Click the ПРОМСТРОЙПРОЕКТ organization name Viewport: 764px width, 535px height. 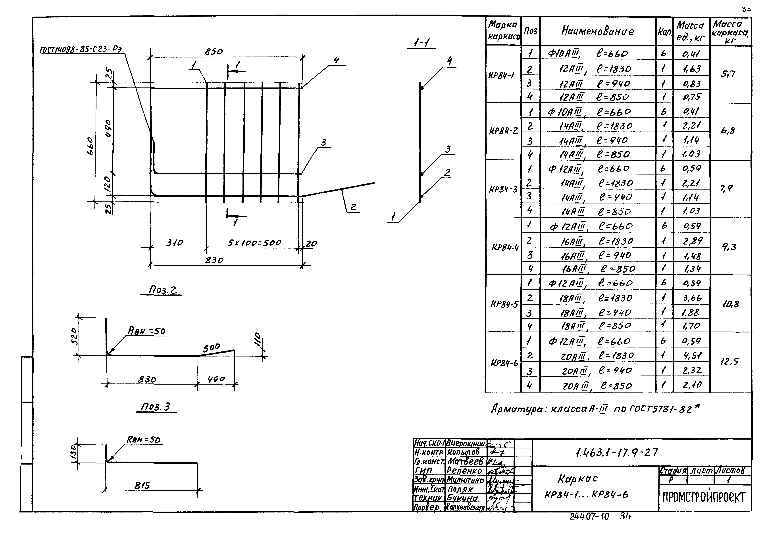(x=704, y=497)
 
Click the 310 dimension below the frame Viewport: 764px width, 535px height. (x=175, y=243)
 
